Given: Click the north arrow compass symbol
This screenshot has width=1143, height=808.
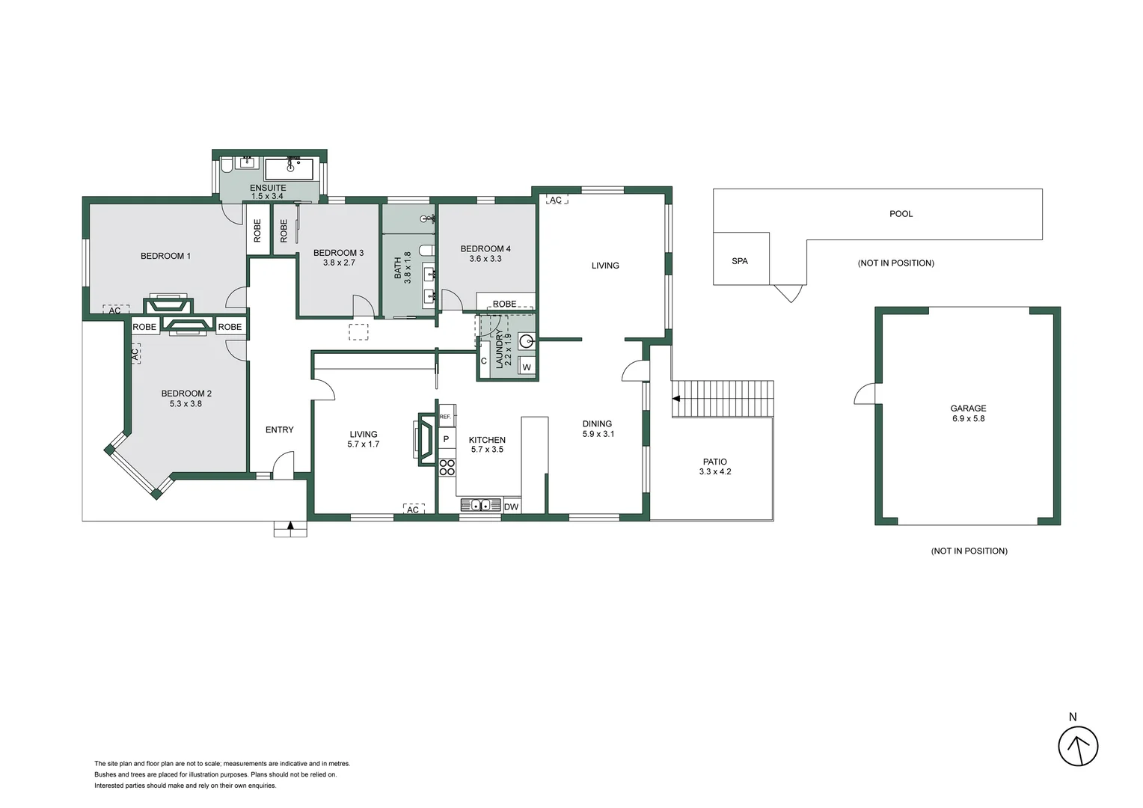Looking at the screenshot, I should click(1078, 746).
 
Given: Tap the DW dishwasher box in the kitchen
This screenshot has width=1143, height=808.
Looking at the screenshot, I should click(511, 507).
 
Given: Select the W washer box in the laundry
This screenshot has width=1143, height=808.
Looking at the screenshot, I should click(527, 367).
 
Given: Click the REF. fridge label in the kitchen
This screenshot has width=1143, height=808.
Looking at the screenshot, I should click(446, 416).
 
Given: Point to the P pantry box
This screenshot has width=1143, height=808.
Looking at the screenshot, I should click(447, 439).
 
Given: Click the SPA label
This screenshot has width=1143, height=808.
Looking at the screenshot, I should click(740, 261).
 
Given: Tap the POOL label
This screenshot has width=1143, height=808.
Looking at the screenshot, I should click(901, 214).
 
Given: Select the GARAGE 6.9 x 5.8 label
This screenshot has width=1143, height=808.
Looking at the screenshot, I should click(968, 414).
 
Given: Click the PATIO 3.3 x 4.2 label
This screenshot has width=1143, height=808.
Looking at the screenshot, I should click(714, 467).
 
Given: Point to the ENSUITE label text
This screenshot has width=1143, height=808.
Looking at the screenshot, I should click(268, 188).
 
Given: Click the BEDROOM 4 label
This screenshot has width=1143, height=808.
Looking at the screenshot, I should click(485, 249).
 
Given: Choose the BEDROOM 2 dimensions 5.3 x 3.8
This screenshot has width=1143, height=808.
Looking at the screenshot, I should click(186, 404).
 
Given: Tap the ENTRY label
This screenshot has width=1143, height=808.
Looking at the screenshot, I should click(279, 429).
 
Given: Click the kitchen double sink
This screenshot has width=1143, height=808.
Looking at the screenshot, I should click(479, 505).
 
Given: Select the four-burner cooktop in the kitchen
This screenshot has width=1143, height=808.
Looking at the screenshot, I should click(447, 468).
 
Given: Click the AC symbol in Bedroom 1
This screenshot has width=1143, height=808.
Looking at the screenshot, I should click(115, 310).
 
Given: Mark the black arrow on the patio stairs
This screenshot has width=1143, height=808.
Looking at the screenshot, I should click(676, 399).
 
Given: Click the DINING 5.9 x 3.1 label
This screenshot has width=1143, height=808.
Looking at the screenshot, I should click(598, 429).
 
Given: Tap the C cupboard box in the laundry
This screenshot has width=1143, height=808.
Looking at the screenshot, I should click(484, 361).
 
